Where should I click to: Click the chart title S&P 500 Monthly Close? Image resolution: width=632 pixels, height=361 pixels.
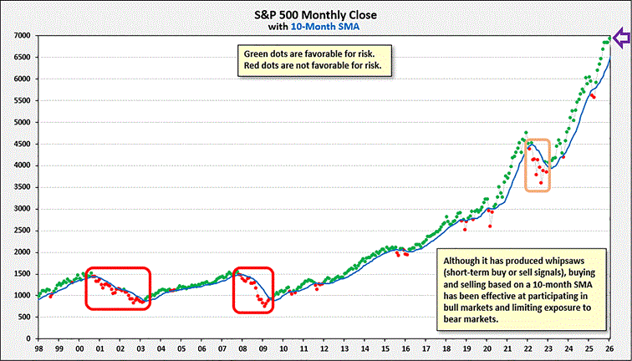point(315,14)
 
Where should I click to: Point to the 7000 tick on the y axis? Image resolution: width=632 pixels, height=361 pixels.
point(21,36)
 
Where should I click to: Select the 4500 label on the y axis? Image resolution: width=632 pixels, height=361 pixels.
point(21,144)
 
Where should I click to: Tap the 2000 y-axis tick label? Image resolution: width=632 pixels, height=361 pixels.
point(21,252)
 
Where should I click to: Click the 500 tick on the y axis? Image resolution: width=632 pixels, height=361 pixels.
point(23,316)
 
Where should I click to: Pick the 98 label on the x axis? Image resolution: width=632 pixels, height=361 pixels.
point(39,350)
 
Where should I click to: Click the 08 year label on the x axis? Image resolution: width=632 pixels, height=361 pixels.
point(242,350)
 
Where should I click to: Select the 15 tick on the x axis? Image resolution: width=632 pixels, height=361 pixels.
point(386,350)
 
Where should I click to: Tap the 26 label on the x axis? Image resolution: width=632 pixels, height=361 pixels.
point(611,350)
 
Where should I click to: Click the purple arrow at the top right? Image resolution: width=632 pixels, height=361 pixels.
point(622,38)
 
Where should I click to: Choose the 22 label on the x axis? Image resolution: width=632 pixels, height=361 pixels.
point(529,350)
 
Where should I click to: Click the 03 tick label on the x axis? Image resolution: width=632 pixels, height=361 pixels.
point(140,350)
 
